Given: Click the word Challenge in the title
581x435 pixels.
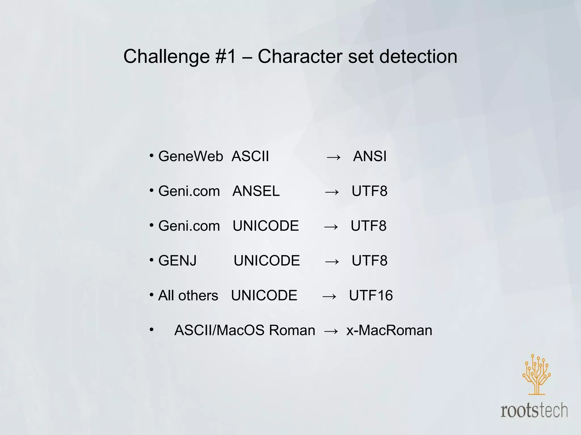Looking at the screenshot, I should (167, 57).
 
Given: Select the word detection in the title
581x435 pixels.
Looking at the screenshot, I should (418, 56).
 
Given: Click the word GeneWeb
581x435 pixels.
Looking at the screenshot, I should (191, 156).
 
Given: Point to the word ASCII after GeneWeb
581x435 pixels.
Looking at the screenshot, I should (250, 156).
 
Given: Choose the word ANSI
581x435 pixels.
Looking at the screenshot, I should (370, 156).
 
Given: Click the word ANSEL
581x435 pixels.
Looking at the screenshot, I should (256, 191).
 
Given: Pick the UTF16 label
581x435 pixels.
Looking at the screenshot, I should (371, 296).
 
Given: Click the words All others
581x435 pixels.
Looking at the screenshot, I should (188, 296).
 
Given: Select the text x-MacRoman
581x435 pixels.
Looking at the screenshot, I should (389, 330).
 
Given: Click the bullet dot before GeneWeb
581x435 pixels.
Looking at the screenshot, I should (152, 155).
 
